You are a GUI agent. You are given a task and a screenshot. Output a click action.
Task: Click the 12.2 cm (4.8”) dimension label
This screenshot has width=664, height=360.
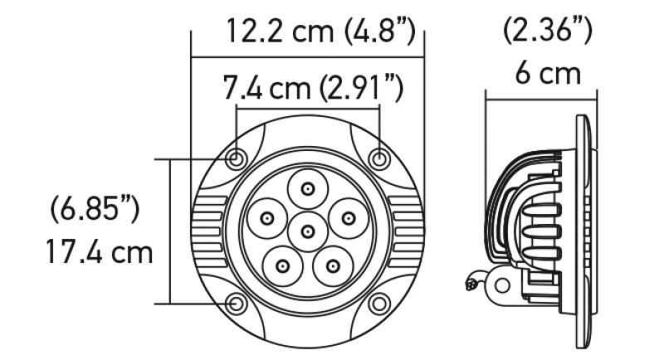[x=320, y=32]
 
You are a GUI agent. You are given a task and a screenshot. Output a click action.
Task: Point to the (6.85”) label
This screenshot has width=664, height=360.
[x=94, y=209]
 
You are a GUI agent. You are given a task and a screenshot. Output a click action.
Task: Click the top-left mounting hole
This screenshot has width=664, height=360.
[x=237, y=158]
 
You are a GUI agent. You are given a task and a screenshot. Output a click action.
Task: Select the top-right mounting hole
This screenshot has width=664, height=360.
[x=379, y=158]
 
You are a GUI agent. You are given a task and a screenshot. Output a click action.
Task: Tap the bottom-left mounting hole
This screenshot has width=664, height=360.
[x=237, y=303]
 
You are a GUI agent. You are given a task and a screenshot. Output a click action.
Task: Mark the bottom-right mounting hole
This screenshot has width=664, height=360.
[x=379, y=303]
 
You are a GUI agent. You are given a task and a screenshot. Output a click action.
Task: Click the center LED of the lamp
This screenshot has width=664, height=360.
[x=308, y=230]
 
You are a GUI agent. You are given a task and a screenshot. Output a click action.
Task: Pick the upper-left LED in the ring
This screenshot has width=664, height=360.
[x=266, y=219]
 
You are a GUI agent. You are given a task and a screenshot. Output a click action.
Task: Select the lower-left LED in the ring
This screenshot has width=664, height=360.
[x=282, y=266]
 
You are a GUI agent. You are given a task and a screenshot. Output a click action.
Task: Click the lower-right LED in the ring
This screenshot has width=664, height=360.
[x=333, y=266]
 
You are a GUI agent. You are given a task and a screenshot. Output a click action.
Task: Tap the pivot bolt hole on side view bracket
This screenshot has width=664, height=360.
[x=500, y=285]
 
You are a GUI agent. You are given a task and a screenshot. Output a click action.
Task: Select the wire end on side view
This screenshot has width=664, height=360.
[x=473, y=285]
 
